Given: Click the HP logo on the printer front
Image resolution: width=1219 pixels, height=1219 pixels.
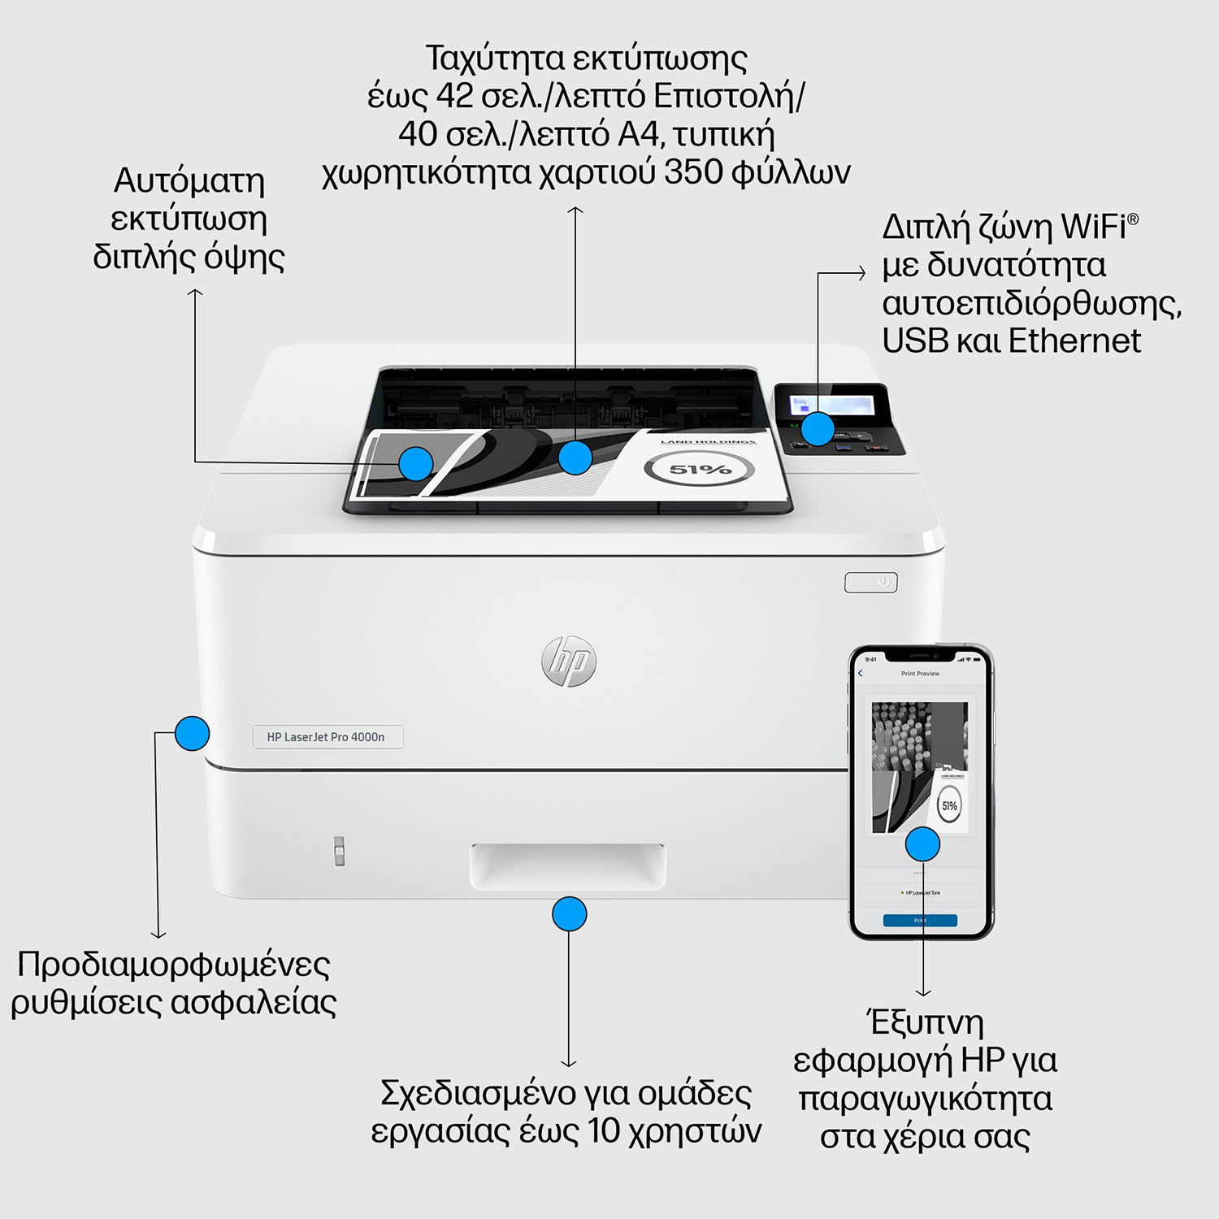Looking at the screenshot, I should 569,661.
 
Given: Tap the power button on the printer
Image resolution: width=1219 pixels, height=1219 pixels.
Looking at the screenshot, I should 871,583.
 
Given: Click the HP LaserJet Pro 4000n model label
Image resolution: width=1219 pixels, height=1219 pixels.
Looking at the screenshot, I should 326,737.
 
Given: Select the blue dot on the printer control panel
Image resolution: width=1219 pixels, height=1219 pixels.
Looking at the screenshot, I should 818,429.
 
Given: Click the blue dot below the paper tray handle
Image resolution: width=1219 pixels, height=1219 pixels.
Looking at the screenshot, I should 569,914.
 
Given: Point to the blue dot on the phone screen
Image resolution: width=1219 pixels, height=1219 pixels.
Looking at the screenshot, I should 922,844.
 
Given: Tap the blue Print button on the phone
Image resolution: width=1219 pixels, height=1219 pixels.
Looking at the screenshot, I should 920,921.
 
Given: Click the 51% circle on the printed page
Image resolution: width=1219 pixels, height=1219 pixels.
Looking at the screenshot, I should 699,469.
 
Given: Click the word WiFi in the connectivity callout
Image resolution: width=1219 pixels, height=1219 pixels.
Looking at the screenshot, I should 1093,227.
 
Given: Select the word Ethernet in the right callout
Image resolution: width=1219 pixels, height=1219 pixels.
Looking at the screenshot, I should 1074,341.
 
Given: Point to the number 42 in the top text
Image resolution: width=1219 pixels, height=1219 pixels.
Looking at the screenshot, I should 454,96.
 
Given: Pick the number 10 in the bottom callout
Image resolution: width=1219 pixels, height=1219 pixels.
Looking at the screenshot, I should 604,1131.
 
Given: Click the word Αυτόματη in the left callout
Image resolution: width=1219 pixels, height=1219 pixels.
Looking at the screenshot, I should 189,180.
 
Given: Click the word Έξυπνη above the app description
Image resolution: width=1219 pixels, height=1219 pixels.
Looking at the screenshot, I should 925,1022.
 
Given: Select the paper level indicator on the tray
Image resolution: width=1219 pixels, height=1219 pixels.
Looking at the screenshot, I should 340,850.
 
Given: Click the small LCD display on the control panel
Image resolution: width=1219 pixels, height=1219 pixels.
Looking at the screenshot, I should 845,404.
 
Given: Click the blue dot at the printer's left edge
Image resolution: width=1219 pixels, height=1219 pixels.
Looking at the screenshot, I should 193,734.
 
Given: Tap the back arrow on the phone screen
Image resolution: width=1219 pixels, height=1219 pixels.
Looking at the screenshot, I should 861,674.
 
